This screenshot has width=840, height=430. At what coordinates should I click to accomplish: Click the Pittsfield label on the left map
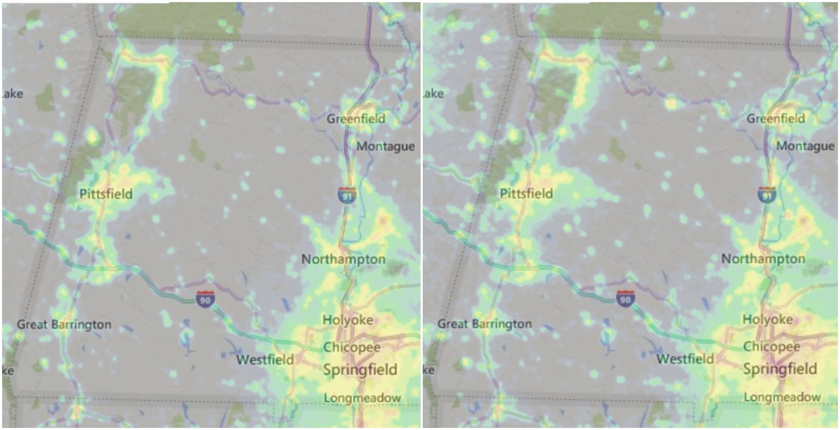pos(106,194)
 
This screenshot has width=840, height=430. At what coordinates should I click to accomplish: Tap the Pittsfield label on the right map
pos(526,194)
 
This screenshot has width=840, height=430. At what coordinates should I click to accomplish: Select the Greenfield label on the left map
pos(356,119)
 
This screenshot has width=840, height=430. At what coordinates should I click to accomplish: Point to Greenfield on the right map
pos(776,119)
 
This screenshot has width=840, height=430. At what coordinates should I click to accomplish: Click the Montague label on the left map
pos(385,146)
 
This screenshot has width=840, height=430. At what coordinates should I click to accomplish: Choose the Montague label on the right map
pos(805,146)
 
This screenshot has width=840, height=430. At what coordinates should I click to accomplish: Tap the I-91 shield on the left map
pos(347,196)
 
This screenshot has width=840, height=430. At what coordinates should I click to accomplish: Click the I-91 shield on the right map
pos(767,195)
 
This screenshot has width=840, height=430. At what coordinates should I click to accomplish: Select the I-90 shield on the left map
pos(205,299)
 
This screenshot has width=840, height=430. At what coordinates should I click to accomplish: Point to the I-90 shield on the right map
pos(625,299)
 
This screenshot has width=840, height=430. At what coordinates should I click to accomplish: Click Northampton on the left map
pos(343,259)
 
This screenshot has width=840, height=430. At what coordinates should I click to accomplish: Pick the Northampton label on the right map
pos(763,259)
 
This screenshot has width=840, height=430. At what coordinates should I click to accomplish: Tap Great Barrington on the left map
pos(64,324)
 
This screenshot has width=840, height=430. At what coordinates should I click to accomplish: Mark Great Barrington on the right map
pos(484,324)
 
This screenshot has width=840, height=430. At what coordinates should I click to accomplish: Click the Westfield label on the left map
pos(265,360)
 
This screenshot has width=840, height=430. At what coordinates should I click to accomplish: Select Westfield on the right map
pos(685,359)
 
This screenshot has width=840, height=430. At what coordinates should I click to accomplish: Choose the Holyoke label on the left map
pos(348,320)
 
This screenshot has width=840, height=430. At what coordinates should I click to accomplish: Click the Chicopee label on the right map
pos(772,346)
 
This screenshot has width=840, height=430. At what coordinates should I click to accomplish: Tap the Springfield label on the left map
pos(360,370)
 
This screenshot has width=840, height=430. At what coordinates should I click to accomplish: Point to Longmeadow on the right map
pos(782,397)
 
